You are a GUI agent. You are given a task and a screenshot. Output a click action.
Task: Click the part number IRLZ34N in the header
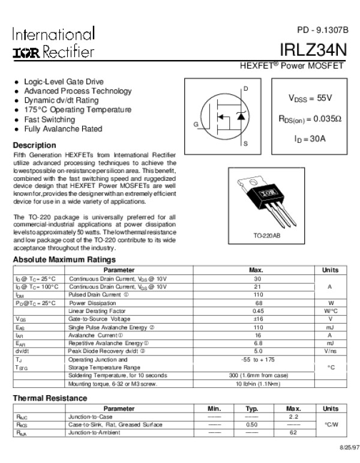pyautogui.click(x=313, y=51)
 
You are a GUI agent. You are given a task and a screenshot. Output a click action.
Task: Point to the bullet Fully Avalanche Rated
pyautogui.click(x=63, y=129)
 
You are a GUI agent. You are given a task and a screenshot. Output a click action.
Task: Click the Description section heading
pyautogui.click(x=34, y=145)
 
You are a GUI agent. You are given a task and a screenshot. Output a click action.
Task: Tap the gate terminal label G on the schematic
pyautogui.click(x=196, y=124)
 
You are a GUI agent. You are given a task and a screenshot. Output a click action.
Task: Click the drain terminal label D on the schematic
pyautogui.click(x=245, y=89)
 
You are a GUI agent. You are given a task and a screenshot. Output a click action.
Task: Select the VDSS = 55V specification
pyautogui.click(x=310, y=97)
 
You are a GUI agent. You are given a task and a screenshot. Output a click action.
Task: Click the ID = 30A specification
pyautogui.click(x=310, y=139)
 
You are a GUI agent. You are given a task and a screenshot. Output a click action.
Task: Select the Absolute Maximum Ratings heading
pyautogui.click(x=64, y=259)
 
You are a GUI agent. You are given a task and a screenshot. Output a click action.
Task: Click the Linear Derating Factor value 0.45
pyautogui.click(x=257, y=311)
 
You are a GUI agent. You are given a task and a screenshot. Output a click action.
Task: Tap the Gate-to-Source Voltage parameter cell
pyautogui.click(x=99, y=319)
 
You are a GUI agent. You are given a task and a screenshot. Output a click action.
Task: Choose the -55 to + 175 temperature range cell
pyautogui.click(x=257, y=359)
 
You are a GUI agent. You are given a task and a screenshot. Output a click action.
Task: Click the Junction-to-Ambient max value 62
pyautogui.click(x=293, y=432)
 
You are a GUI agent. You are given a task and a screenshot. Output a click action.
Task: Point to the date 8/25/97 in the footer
pyautogui.click(x=349, y=448)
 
